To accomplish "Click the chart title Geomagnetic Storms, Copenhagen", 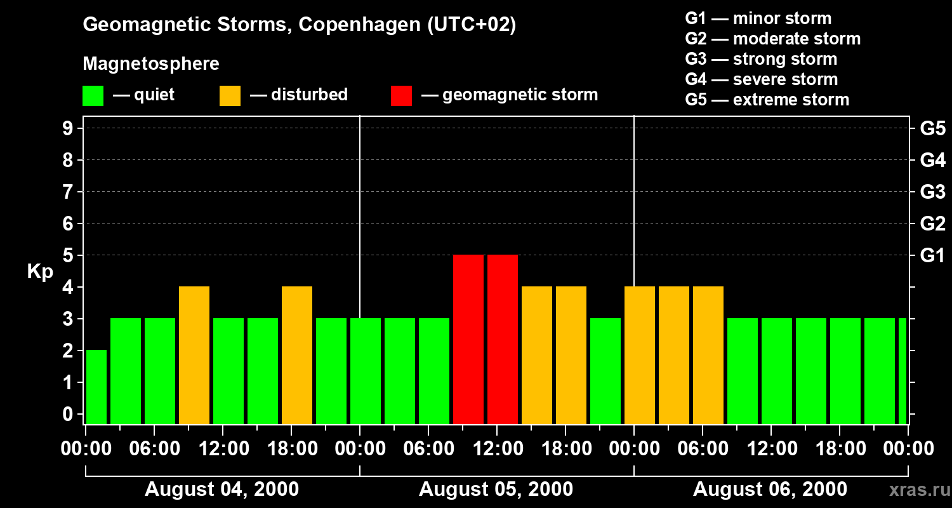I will pos(299,25).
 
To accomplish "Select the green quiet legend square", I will pos(93,96).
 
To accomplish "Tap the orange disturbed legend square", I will pos(230,96).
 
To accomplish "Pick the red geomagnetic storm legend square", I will pos(401,96).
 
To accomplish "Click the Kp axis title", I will pos(40,272).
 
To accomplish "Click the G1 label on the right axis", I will pos(932,256).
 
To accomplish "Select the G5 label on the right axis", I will pos(932,129).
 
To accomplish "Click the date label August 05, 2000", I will pos(496,490).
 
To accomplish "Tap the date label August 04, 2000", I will pos(221,490).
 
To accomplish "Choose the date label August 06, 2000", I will pos(770,490).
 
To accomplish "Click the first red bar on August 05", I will pos(468,339).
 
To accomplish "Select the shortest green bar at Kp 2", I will pos(96,387).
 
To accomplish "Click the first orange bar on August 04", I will pos(194,355).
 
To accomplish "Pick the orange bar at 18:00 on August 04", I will pos(297,355).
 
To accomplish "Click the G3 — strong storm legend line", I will pos(761,59).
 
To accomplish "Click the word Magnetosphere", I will pos(151,64).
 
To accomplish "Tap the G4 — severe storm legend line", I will pos(761,79).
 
